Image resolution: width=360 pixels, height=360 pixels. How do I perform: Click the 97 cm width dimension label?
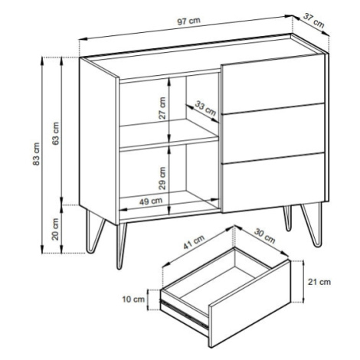pos(188,21)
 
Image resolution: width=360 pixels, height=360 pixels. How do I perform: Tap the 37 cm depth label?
pos(313,21)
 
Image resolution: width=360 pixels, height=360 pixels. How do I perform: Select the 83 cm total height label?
pos(37,154)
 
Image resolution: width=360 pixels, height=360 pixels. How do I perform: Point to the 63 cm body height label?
pos(55,133)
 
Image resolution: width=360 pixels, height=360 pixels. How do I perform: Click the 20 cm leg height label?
pos(55,229)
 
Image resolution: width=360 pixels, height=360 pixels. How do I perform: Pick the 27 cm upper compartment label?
pos(162,108)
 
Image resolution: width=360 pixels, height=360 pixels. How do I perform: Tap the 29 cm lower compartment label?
pos(162,178)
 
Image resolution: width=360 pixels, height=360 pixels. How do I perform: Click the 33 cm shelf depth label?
pos(205,108)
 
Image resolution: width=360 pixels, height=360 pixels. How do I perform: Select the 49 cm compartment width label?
pos(151,201)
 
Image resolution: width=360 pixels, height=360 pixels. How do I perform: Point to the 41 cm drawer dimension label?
pos(194,242)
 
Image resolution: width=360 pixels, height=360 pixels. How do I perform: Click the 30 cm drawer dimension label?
pos(265,236)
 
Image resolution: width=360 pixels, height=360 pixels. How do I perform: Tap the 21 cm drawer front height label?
pos(319,282)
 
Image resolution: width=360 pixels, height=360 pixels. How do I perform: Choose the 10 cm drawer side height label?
pos(133,299)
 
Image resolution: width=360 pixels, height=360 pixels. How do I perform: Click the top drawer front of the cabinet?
pos(273,83)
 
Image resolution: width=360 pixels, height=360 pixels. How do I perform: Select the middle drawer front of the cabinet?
pos(273,133)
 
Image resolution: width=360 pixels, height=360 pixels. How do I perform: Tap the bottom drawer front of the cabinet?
pos(273,183)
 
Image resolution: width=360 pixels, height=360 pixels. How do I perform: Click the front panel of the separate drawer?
pos(250,303)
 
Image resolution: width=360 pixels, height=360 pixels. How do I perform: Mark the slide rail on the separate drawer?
pos(184,313)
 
